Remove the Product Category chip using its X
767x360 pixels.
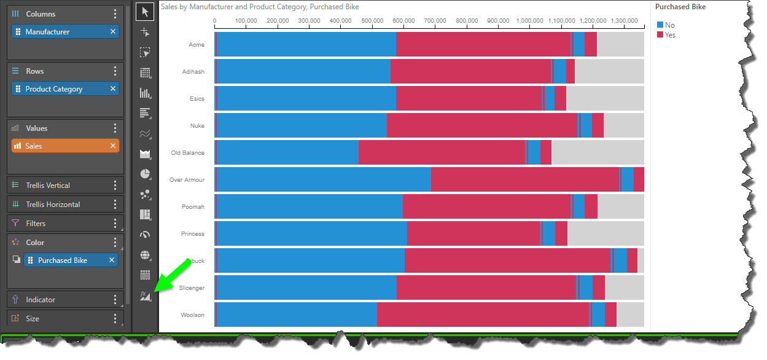[x=113, y=89]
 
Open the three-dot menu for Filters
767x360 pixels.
[x=115, y=224]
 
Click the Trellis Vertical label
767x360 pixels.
[x=47, y=186]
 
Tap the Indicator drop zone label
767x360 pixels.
[x=41, y=300]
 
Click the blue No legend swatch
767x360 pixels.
[x=660, y=25]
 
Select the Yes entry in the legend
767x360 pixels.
[x=670, y=35]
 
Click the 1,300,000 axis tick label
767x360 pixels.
[x=624, y=21]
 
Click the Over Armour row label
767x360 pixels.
[x=187, y=180]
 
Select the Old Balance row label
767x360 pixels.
[x=188, y=153]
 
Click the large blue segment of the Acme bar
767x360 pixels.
[x=307, y=44]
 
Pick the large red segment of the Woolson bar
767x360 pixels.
[x=482, y=315]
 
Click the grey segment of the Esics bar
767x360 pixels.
[x=604, y=98]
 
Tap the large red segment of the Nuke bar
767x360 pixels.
[x=481, y=125]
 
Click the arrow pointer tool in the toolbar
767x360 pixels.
[x=145, y=12]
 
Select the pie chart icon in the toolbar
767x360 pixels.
[x=145, y=174]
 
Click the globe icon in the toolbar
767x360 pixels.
[x=145, y=255]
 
